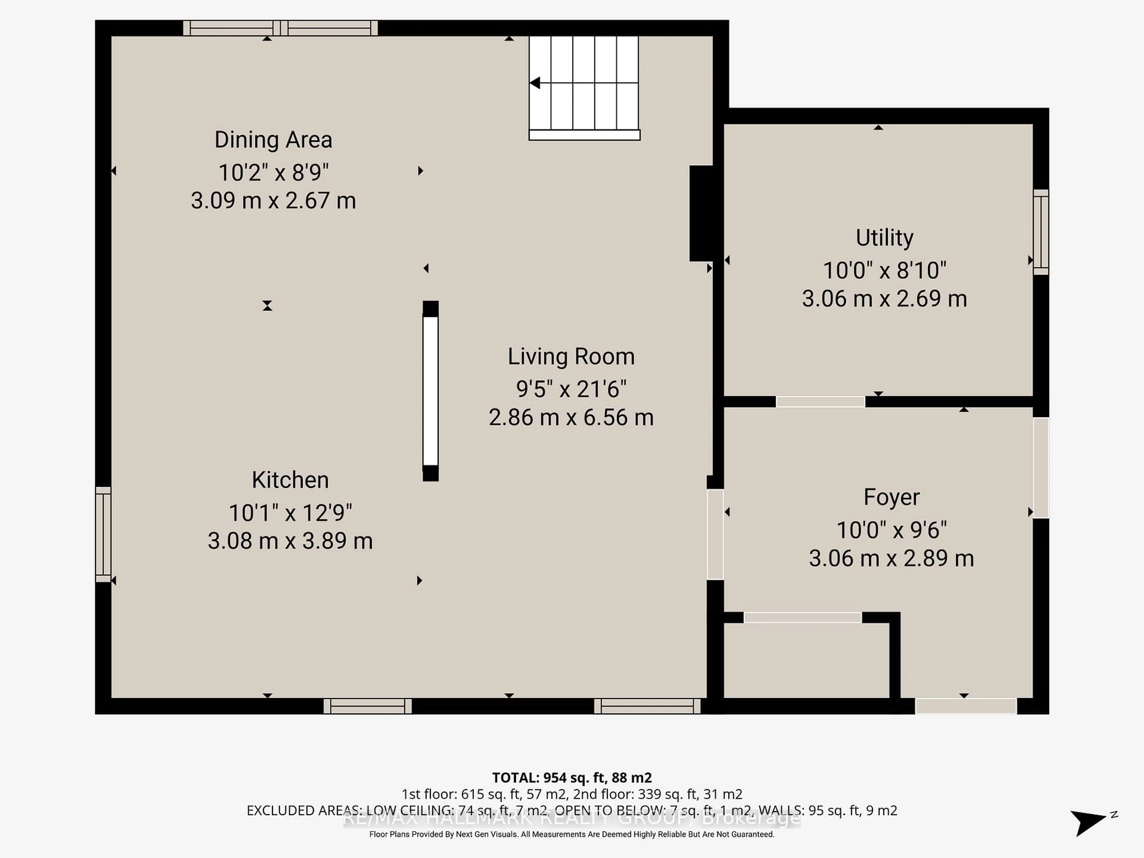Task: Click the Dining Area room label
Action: [273, 140]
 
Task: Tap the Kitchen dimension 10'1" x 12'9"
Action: [290, 513]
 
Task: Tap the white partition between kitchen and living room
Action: [430, 391]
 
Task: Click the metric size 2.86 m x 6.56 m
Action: [571, 417]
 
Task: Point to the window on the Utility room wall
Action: [1041, 232]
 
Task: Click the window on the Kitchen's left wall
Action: [103, 534]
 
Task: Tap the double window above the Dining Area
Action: [280, 28]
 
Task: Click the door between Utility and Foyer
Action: [820, 401]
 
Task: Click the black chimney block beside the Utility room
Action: [701, 213]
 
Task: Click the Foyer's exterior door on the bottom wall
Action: [966, 706]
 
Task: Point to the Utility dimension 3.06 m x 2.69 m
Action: [885, 299]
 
